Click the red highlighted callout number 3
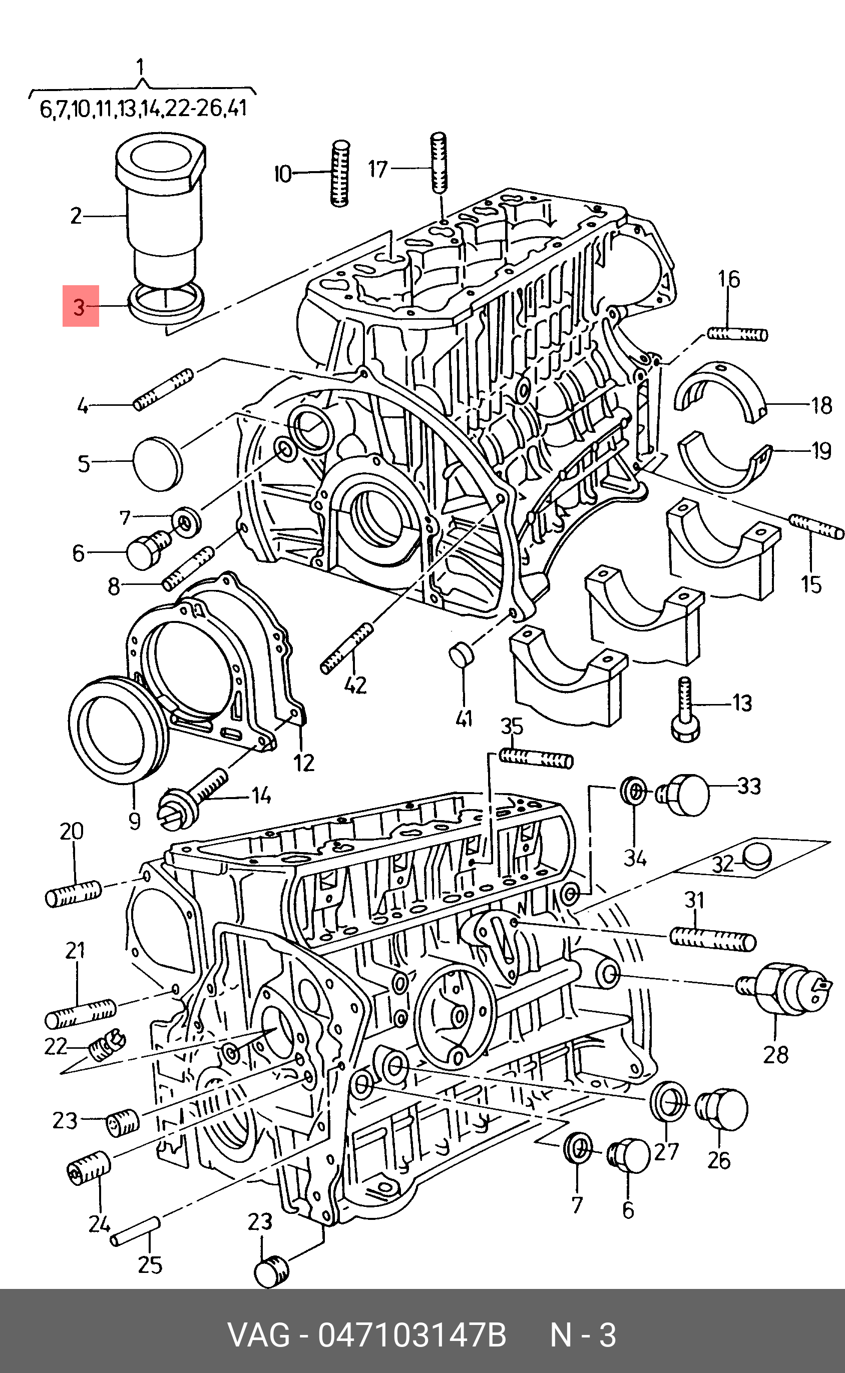pyautogui.click(x=80, y=306)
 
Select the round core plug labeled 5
pyautogui.click(x=158, y=464)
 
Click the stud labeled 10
pyautogui.click(x=339, y=173)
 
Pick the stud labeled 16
pyautogui.click(x=737, y=334)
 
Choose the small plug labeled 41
pyautogui.click(x=462, y=653)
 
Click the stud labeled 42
pyautogui.click(x=346, y=648)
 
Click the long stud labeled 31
pyautogui.click(x=712, y=938)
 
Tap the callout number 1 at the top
pyautogui.click(x=140, y=68)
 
